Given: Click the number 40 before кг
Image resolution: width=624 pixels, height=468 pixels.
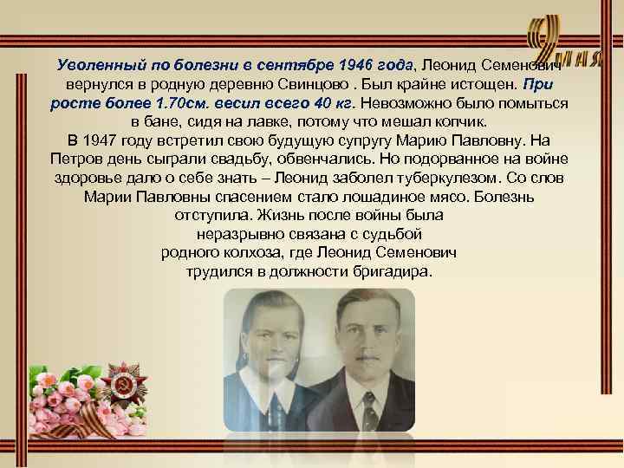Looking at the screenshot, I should point(298,103).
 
